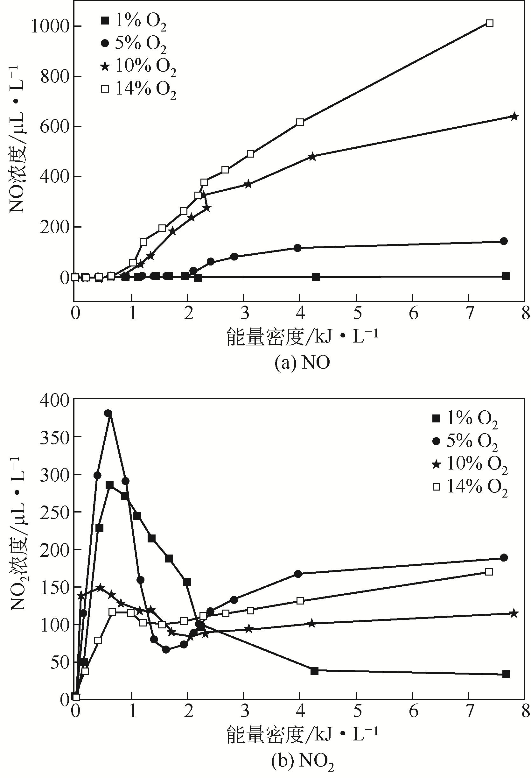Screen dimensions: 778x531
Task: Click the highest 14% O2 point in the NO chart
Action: point(490,23)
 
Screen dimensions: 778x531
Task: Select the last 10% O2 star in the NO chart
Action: point(514,117)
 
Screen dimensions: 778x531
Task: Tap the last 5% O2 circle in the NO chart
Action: point(504,241)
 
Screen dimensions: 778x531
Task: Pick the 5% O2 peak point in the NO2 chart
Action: point(108,414)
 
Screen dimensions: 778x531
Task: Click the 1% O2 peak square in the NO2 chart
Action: point(110,485)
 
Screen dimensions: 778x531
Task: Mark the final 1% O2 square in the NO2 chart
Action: point(506,674)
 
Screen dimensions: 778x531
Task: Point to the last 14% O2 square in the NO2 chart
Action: point(489,571)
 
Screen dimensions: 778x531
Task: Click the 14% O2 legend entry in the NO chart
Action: point(138,89)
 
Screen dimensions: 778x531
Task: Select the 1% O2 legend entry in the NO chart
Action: point(134,21)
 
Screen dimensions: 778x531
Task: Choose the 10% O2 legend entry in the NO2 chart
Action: point(470,465)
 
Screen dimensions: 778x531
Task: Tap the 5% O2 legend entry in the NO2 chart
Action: point(465,442)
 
